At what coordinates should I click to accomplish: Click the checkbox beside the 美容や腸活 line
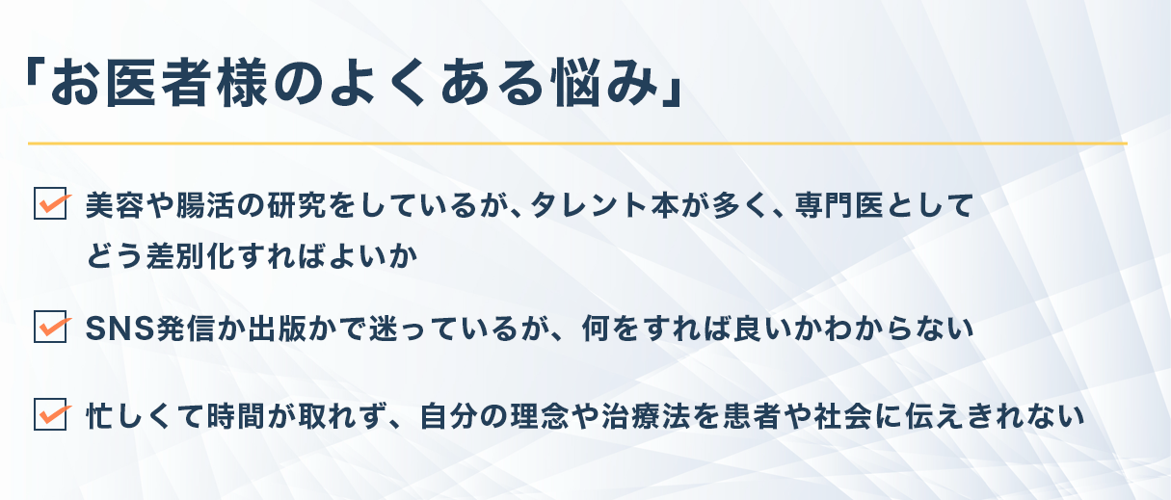click(x=50, y=203)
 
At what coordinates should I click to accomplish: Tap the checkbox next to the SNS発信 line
click(x=50, y=327)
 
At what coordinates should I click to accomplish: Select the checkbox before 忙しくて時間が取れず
click(x=50, y=414)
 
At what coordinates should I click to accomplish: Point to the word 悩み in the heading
click(x=606, y=83)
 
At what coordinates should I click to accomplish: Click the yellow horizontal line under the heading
click(x=577, y=143)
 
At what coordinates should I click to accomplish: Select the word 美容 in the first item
click(x=115, y=205)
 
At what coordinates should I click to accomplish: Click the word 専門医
click(x=840, y=205)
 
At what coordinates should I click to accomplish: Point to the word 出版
click(x=277, y=329)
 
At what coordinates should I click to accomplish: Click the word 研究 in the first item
click(x=297, y=205)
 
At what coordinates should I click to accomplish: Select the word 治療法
click(x=646, y=416)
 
